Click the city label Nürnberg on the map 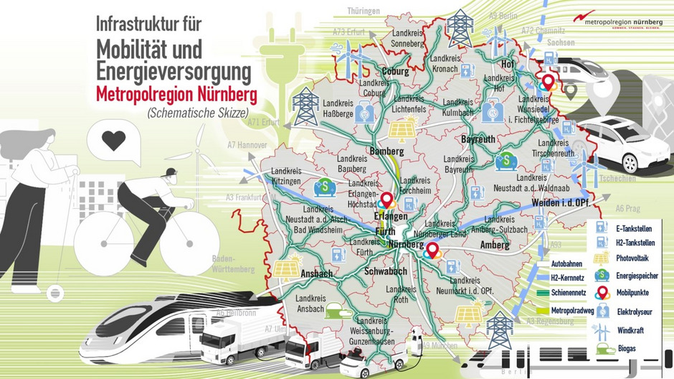pyautogui.click(x=407, y=245)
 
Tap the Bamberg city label pyautogui.click(x=388, y=151)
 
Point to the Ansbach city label pyautogui.click(x=315, y=273)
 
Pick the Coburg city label pyautogui.click(x=395, y=72)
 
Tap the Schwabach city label pyautogui.click(x=386, y=271)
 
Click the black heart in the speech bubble pyautogui.click(x=113, y=140)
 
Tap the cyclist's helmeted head pyautogui.click(x=169, y=175)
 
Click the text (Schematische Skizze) pyautogui.click(x=189, y=113)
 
